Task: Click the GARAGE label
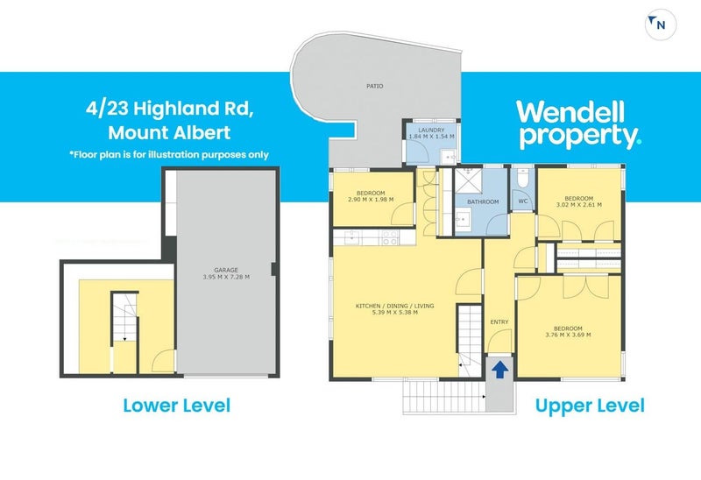pos(227,270)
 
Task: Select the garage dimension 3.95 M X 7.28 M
pos(227,278)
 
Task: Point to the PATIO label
pos(375,87)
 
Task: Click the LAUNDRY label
pos(432,131)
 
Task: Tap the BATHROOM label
pos(482,202)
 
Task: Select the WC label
pos(522,202)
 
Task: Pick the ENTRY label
pos(499,322)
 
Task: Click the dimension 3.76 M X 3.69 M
pos(568,335)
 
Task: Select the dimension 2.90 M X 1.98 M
pos(372,200)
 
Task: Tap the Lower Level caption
pos(176,406)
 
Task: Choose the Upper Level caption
pos(590,406)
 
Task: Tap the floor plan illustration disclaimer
pos(168,155)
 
